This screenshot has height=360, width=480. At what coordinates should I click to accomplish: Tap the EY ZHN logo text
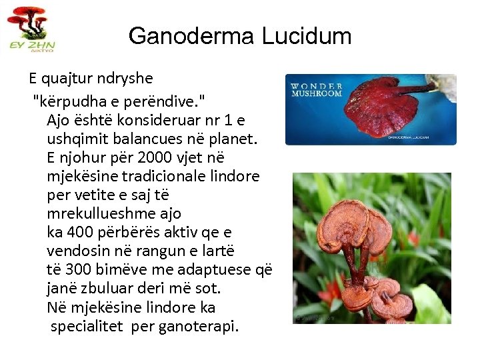[32, 45]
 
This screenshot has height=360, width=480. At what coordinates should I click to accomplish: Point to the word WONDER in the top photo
[317, 86]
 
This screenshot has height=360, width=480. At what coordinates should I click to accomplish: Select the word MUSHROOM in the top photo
[317, 93]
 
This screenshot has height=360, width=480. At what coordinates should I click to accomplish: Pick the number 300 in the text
[81, 270]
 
